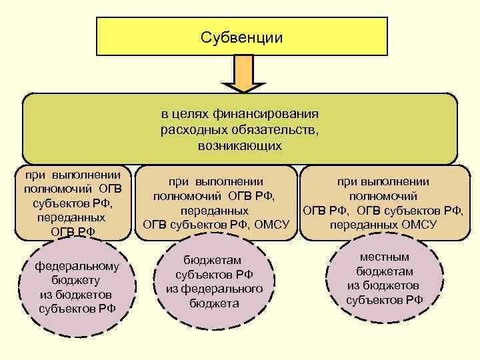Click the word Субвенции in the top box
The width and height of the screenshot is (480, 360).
(x=241, y=37)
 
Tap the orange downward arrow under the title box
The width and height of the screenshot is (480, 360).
(x=243, y=74)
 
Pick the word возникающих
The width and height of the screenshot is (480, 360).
(x=240, y=145)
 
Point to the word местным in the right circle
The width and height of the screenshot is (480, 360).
(x=385, y=257)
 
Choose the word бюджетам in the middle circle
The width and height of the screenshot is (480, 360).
(x=213, y=260)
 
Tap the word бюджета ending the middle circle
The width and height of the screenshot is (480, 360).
(x=213, y=303)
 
